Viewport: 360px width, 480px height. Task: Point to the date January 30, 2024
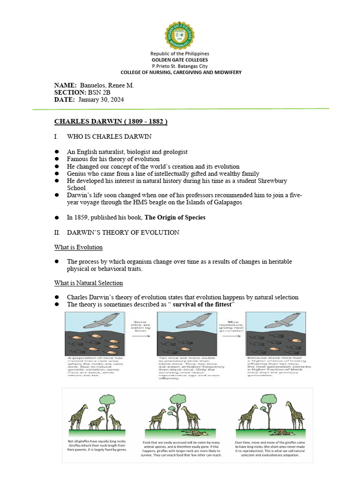pyautogui.click(x=101, y=100)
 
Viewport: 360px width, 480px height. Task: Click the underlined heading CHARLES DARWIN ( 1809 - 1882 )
pyautogui.click(x=111, y=121)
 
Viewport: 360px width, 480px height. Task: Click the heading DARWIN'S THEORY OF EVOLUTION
pyautogui.click(x=123, y=232)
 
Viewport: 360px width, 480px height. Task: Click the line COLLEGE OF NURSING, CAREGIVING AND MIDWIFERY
pyautogui.click(x=180, y=72)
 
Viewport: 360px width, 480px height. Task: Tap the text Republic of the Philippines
pyautogui.click(x=180, y=54)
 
